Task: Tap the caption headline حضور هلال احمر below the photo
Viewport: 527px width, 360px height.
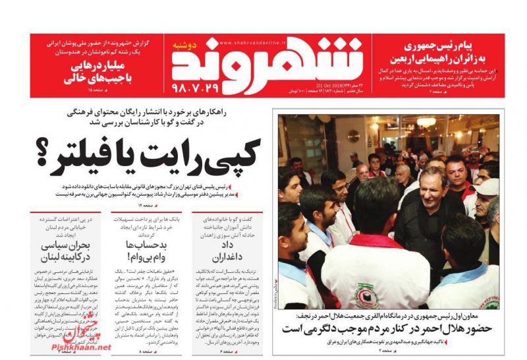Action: (x=388, y=328)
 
